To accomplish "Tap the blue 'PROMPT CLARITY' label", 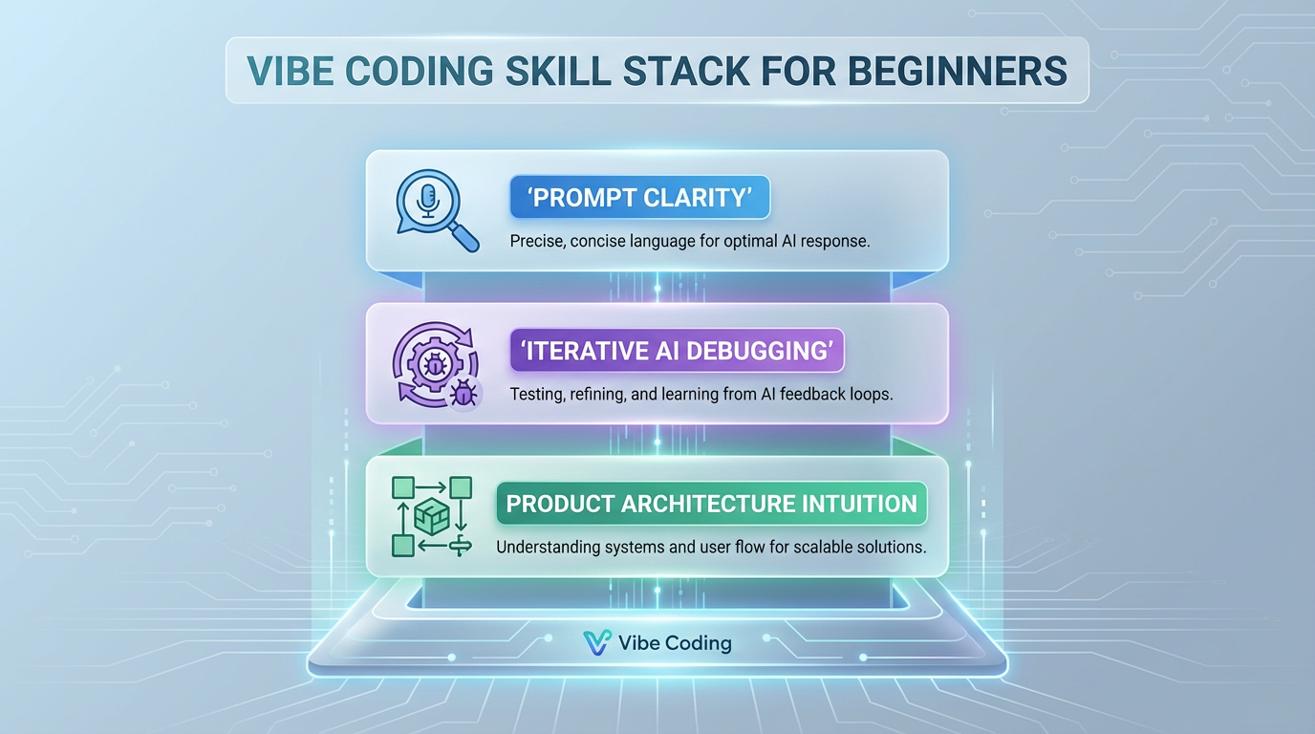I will tap(639, 198).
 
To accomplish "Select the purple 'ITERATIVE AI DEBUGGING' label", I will tap(677, 351).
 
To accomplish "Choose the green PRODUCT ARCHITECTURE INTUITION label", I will tap(711, 504).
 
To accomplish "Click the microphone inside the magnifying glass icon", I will tap(427, 200).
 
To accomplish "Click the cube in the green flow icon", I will tap(432, 517).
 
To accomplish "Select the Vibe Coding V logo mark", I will tap(596, 643).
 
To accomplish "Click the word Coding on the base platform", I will tap(698, 643).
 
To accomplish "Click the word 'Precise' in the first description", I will tap(536, 241).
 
